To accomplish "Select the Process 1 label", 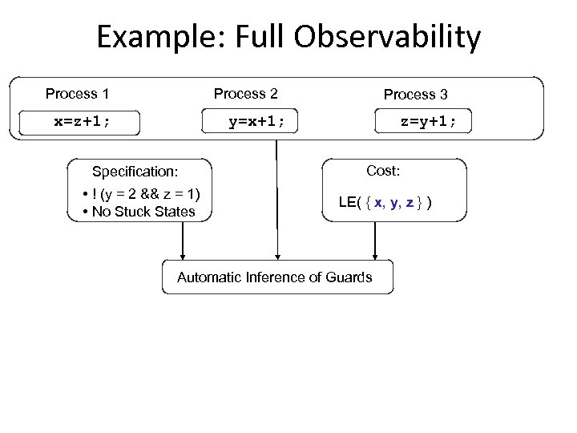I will [x=77, y=94].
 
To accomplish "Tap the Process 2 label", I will [x=245, y=94].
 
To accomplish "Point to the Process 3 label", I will [x=415, y=95].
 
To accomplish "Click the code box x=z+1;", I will [x=83, y=122].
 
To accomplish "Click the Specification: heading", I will [x=135, y=172].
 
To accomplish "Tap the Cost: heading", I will [x=383, y=171].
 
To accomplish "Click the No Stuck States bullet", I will [x=143, y=212].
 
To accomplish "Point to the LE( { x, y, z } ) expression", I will [x=386, y=202].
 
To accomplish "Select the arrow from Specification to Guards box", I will [x=183, y=241].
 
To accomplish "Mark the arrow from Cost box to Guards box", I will [x=373, y=241].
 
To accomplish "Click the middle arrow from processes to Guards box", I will [x=277, y=200].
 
